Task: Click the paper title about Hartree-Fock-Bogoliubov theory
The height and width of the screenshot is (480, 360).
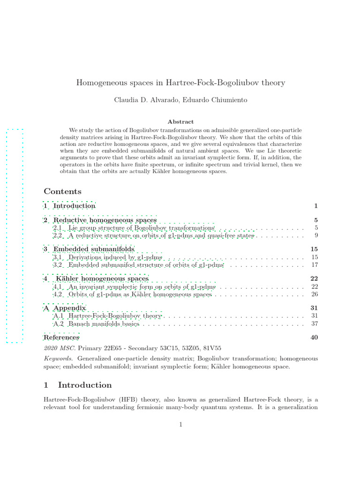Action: click(180, 82)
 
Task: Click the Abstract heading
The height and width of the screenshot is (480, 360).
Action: click(180, 121)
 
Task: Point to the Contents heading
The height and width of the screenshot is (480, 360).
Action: click(62, 191)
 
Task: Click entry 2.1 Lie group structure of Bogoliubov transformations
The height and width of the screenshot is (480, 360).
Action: click(134, 228)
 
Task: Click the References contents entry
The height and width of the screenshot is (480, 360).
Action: click(61, 337)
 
